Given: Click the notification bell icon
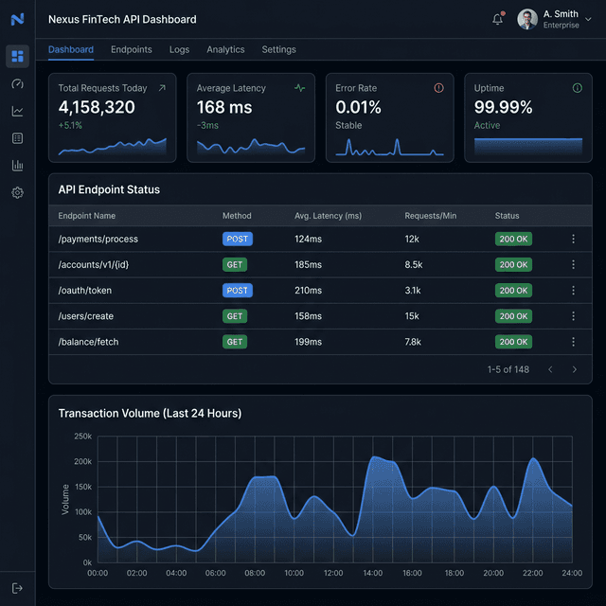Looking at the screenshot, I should (498, 19).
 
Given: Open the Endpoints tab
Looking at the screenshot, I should (131, 49).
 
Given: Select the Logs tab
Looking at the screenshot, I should (179, 49).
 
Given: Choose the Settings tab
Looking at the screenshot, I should (278, 49).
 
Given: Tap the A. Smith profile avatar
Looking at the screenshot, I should (527, 19).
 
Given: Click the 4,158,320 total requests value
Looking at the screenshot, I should (97, 108).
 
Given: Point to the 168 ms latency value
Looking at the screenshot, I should (224, 108).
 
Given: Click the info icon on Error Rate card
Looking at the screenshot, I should (438, 88).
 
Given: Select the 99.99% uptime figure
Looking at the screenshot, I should (503, 108).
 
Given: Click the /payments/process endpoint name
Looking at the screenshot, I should (98, 240).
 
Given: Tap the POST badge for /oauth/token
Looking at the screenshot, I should (237, 291).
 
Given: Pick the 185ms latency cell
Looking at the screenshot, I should (308, 265).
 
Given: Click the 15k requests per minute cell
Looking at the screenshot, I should (412, 316).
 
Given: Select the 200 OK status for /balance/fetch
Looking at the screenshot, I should (514, 342).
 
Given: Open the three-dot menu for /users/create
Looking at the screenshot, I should (573, 316).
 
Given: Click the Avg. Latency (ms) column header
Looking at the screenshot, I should (328, 216).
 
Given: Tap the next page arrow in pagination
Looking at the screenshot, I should (574, 369).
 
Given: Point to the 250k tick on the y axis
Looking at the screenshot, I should (82, 437).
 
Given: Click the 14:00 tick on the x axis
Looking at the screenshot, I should (373, 573).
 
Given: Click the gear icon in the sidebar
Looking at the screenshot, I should (17, 192).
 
